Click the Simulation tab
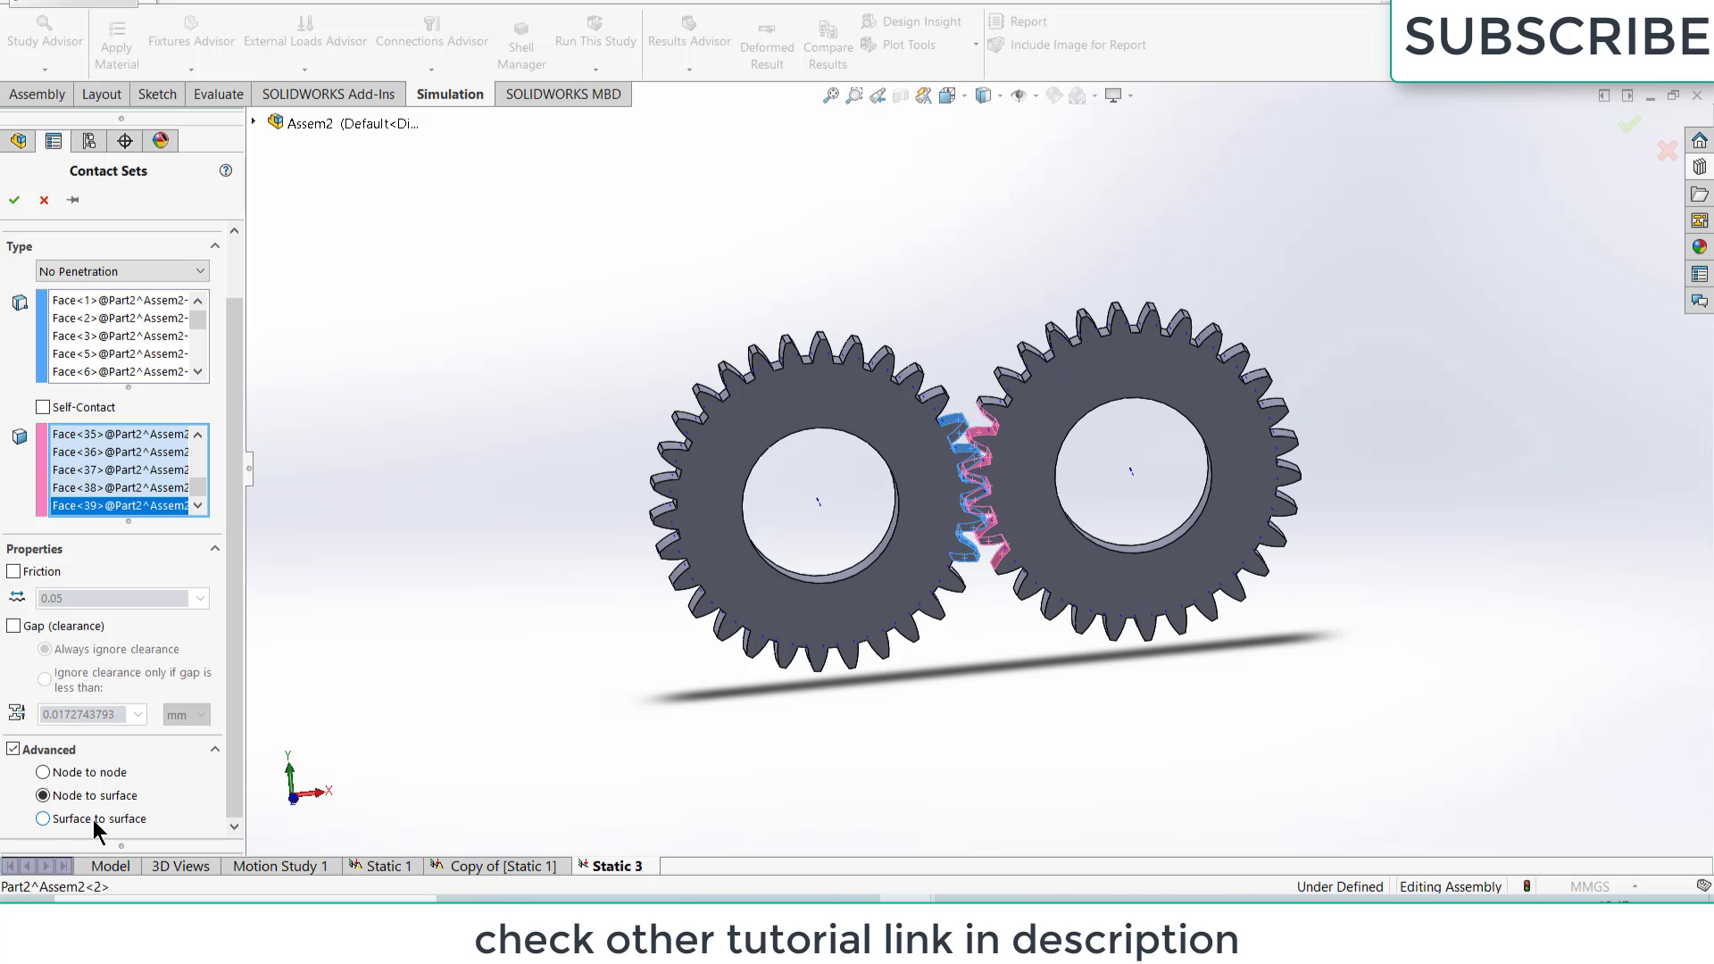click(x=449, y=94)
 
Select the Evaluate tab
click(x=218, y=94)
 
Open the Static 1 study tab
click(x=381, y=866)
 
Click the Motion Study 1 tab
click(x=279, y=866)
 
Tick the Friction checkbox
click(x=13, y=571)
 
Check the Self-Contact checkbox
click(x=43, y=407)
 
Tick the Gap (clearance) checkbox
click(x=13, y=626)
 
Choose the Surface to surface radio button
click(x=43, y=819)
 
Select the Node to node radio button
click(x=43, y=772)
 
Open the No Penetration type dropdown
click(x=122, y=271)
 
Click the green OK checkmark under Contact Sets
click(x=14, y=200)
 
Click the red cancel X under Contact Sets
click(x=44, y=200)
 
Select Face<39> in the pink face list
click(x=120, y=505)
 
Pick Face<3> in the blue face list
click(x=120, y=336)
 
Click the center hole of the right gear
click(x=1130, y=471)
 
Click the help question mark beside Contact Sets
click(x=226, y=170)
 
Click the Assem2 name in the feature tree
click(x=310, y=123)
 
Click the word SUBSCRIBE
click(x=1556, y=37)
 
